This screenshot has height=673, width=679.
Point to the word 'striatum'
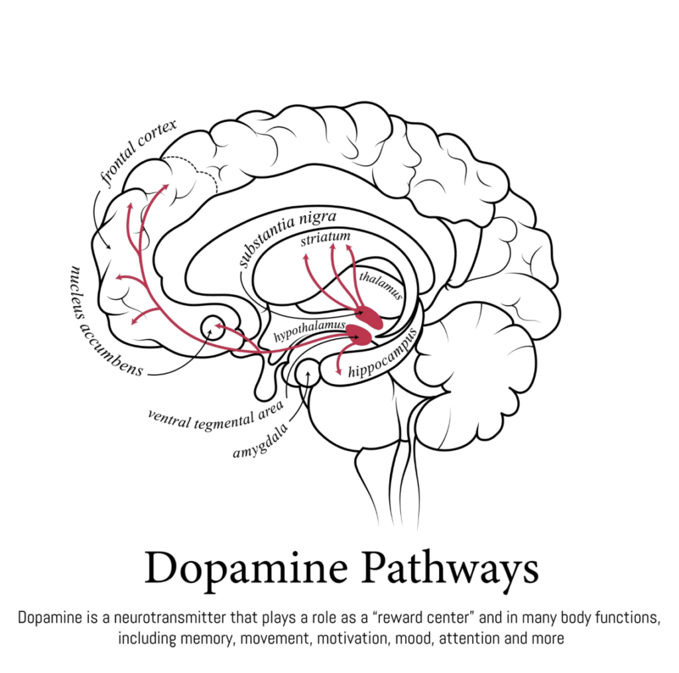pos(326,238)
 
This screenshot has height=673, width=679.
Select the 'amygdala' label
pos(261,442)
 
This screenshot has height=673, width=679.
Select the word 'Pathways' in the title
pos(450,570)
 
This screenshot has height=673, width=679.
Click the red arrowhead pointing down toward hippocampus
pos(338,371)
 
